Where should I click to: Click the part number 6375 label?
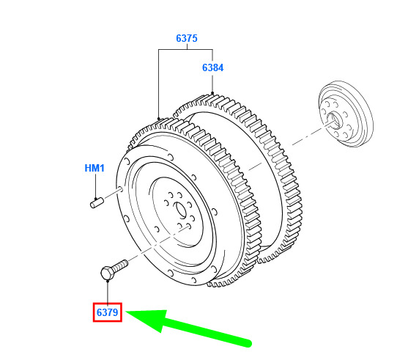(x=187, y=38)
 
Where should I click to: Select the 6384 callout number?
(x=212, y=67)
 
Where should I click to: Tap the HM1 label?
(x=94, y=168)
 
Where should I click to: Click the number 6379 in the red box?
(x=107, y=312)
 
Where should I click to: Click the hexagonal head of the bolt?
(x=107, y=273)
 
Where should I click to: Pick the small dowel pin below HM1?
(x=97, y=202)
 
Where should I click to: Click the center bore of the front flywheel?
(x=180, y=210)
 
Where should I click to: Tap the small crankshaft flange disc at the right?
(x=346, y=114)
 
